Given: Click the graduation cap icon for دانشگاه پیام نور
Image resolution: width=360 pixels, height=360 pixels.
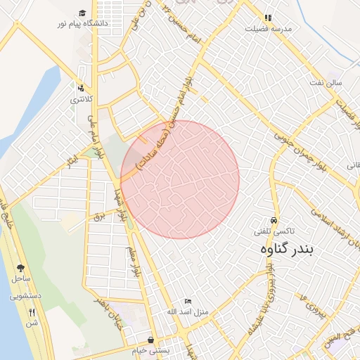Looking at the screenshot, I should click(83, 13).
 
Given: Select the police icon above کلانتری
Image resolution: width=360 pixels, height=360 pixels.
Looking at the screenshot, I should click(81, 89).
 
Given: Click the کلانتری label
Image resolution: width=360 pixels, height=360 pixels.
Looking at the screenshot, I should click(80, 100).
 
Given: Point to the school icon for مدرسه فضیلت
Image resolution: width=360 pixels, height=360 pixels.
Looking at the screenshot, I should click(268, 18).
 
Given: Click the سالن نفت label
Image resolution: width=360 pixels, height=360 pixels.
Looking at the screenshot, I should click(329, 82).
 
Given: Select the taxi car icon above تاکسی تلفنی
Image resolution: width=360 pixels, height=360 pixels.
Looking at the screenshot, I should click(274, 219).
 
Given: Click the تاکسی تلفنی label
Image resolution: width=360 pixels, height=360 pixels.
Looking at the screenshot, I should click(274, 231).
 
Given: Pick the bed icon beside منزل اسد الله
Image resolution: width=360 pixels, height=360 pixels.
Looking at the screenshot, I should click(188, 301).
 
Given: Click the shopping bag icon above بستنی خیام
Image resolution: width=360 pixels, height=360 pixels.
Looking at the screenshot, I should click(150, 340).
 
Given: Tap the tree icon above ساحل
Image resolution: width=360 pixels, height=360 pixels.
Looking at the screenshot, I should click(20, 268).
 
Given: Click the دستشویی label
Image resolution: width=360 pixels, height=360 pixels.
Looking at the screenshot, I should click(25, 296).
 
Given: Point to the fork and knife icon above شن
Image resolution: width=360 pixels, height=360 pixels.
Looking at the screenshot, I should click(32, 311).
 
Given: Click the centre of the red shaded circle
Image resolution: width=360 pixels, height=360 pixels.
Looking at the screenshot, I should click(180, 179).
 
